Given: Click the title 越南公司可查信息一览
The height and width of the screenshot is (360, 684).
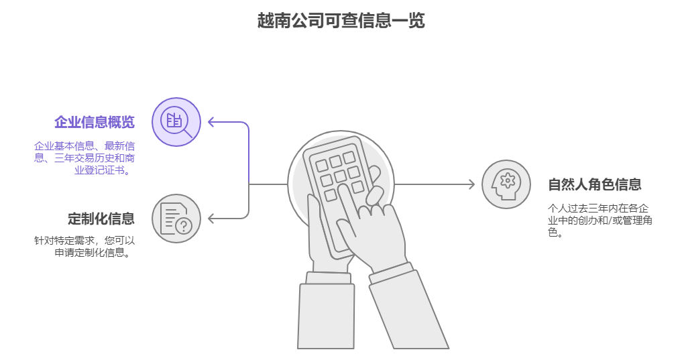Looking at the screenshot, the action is click(341, 21).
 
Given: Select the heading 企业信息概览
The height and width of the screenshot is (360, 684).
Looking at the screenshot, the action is click(95, 122).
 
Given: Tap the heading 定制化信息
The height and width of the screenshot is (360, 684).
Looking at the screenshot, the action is click(101, 219).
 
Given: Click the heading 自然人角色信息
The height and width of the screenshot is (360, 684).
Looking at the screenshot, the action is click(595, 184).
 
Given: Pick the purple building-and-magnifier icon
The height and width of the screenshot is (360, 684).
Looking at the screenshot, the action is click(176, 122).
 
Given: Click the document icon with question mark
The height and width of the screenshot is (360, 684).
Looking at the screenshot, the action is click(176, 219).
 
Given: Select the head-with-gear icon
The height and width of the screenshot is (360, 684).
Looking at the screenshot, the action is click(506, 184).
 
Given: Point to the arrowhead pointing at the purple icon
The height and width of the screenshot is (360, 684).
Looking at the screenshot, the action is click(211, 122).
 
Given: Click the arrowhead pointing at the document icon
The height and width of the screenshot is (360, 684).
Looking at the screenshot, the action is click(211, 219).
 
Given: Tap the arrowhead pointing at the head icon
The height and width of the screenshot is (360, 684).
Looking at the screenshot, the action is click(471, 184).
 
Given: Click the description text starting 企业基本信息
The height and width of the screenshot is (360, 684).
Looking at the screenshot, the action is click(84, 158).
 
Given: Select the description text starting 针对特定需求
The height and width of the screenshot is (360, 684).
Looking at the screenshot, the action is click(84, 246).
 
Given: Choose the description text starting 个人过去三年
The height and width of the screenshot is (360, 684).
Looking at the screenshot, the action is click(600, 220).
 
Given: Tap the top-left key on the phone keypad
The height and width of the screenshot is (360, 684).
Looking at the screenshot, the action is click(322, 166).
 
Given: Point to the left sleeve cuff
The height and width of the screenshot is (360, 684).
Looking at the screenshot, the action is click(328, 278).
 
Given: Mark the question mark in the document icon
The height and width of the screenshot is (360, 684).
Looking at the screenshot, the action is click(184, 226).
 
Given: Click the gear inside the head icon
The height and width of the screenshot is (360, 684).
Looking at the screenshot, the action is click(508, 180).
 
